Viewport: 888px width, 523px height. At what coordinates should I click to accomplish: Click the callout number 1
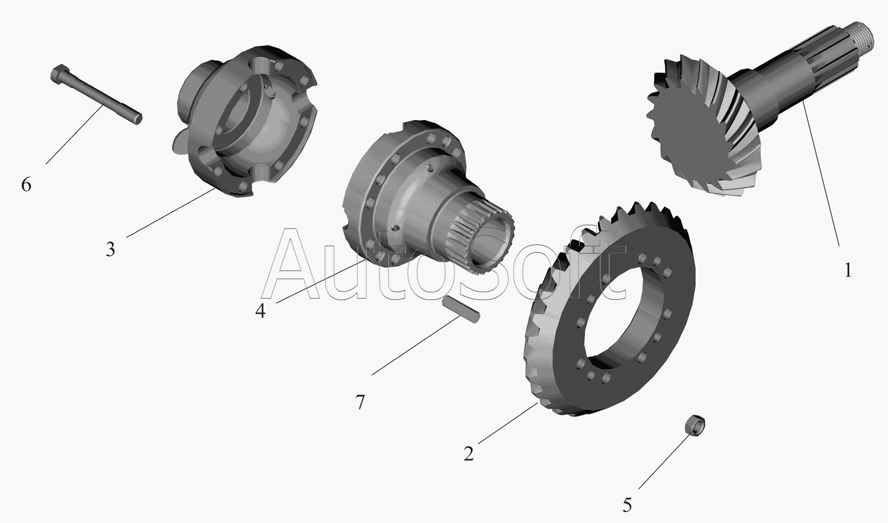[848, 270]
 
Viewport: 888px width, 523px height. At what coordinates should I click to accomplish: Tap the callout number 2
[469, 454]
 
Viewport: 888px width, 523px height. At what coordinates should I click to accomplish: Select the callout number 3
[110, 249]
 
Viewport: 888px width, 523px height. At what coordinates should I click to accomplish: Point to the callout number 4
[260, 311]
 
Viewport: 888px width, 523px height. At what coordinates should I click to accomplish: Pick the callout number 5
[627, 506]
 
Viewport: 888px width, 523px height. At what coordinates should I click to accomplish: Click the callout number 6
[26, 185]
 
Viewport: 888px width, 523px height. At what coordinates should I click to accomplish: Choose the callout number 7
[359, 402]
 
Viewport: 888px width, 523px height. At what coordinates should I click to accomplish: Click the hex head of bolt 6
[59, 74]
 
